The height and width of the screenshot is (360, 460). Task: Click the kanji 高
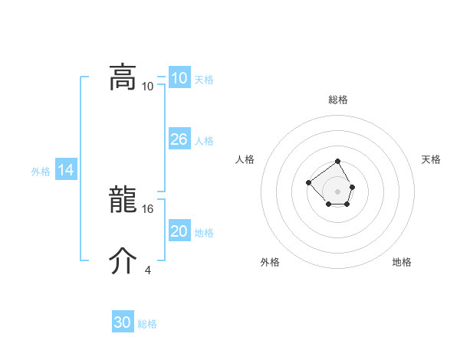(123, 77)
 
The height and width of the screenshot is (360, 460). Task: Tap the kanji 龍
(123, 200)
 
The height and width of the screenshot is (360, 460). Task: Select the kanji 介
(123, 260)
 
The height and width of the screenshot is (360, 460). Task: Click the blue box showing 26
(179, 139)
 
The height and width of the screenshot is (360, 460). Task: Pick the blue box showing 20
(179, 231)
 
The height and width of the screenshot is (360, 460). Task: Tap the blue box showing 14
(66, 170)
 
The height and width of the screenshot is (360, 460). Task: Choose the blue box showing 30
(123, 322)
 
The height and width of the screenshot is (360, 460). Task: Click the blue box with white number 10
(179, 78)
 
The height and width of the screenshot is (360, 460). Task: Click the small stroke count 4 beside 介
(147, 270)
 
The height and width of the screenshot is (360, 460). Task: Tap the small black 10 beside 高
(148, 86)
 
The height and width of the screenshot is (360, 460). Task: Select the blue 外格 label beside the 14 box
(41, 172)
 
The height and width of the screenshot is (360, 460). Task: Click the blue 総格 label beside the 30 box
(147, 324)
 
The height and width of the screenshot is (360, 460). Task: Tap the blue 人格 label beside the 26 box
(204, 141)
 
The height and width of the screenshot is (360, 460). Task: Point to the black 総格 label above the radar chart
(338, 100)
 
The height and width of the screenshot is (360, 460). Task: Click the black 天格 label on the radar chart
(431, 159)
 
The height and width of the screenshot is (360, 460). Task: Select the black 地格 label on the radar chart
(402, 262)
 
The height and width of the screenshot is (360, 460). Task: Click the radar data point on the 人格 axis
(308, 182)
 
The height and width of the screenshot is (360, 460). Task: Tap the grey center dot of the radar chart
(338, 191)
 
